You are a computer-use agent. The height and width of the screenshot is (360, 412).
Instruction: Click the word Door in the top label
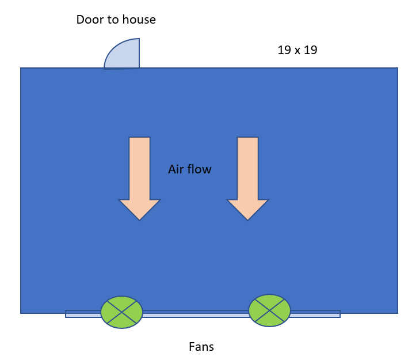(90, 20)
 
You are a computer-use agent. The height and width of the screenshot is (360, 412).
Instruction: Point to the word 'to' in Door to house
(113, 20)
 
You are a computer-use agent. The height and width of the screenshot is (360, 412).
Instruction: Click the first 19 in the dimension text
(284, 50)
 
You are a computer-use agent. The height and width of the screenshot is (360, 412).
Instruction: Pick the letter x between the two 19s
(297, 51)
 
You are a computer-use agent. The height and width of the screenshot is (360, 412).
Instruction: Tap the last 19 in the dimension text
(311, 50)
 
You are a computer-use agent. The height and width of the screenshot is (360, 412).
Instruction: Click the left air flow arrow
(139, 179)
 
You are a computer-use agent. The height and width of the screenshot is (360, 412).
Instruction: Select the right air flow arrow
(248, 179)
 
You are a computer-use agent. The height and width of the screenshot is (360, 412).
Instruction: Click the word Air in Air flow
(176, 169)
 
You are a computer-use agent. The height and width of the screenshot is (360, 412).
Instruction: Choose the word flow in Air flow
(199, 169)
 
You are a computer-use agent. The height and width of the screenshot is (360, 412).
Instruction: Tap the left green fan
(121, 312)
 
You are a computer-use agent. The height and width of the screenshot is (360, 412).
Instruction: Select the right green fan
(270, 310)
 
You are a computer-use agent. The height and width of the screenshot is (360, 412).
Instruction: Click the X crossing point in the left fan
(121, 312)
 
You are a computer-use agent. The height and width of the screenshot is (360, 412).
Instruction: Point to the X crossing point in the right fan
(270, 310)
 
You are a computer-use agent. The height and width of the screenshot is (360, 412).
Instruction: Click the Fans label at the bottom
(201, 347)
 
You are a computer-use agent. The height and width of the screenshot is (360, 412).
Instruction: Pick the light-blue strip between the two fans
(196, 314)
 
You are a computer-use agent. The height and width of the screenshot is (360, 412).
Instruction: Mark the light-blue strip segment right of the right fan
(315, 314)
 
